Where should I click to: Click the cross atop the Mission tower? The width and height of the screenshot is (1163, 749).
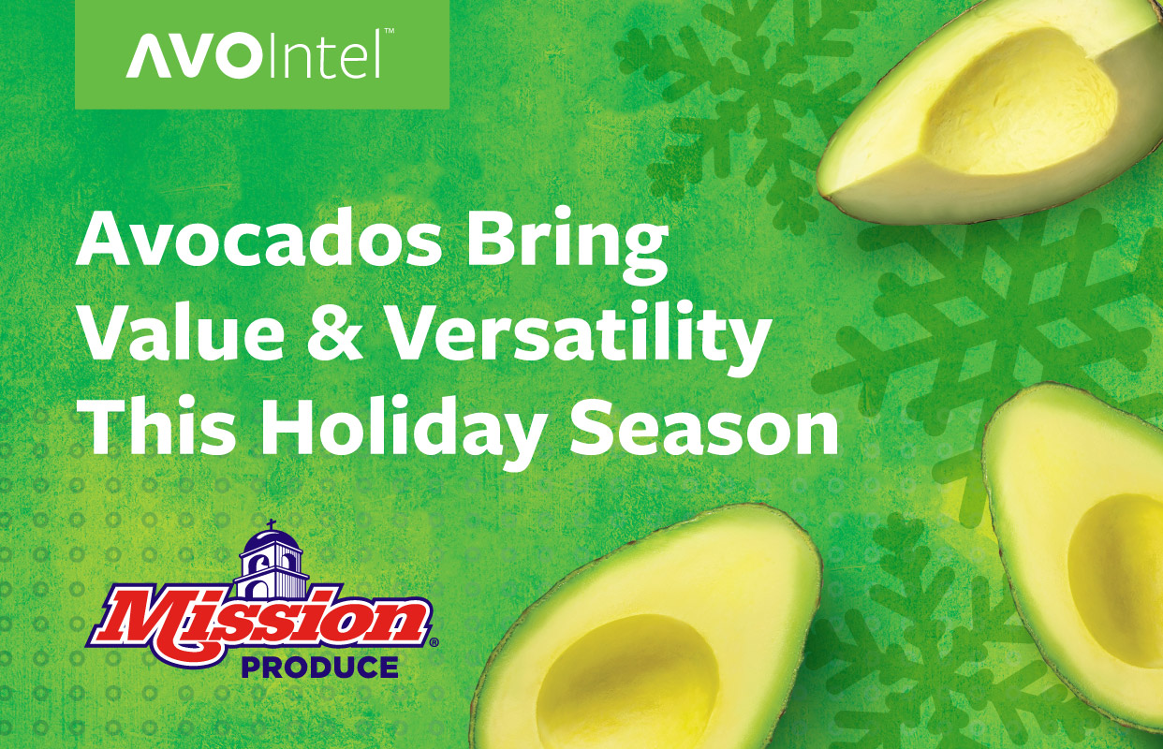(272, 526)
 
